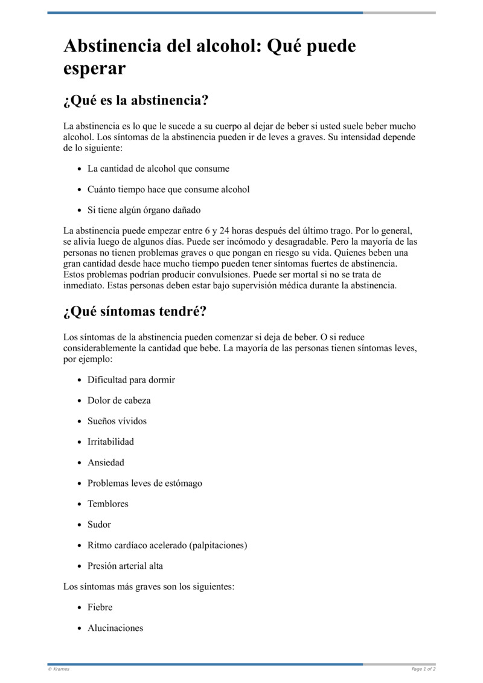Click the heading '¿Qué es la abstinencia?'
point(136,100)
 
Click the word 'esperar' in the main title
point(94,68)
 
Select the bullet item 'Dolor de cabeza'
point(119,400)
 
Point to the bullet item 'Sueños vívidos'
point(117,421)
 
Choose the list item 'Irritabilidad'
point(110,441)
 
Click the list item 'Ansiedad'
point(106,462)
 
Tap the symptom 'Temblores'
point(108,503)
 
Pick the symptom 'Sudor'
point(99,524)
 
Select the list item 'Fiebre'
point(100,607)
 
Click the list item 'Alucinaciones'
point(115,627)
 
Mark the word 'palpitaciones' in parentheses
point(217,545)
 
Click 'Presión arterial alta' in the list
point(125,566)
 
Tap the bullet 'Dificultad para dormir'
point(131,380)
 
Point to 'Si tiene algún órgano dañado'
point(144,210)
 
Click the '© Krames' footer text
point(58,669)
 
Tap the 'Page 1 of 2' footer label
point(423,669)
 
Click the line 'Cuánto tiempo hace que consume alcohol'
point(168,189)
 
